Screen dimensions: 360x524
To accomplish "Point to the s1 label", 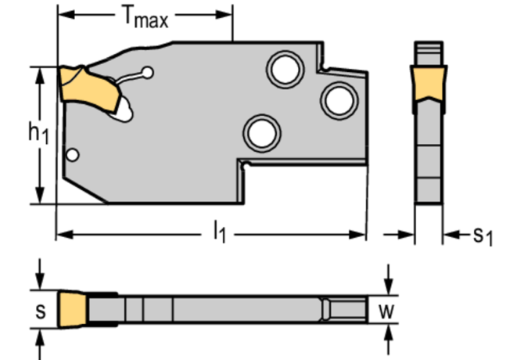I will tap(482, 235).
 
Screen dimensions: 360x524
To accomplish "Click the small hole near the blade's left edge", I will tap(72, 155).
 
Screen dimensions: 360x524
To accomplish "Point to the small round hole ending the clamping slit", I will tap(147, 74).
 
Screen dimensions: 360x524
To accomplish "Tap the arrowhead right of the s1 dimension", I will tap(449, 234).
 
